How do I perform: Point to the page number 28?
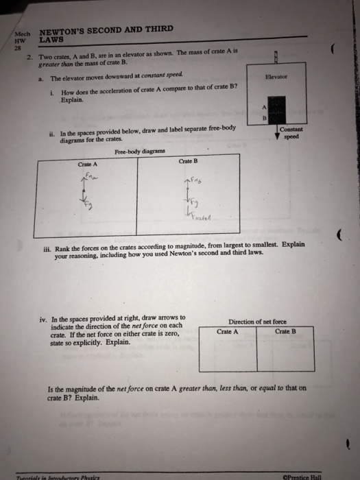tap(19, 49)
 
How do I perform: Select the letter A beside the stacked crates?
tap(263, 104)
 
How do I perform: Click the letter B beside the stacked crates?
tap(263, 117)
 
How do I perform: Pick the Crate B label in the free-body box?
tap(188, 161)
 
